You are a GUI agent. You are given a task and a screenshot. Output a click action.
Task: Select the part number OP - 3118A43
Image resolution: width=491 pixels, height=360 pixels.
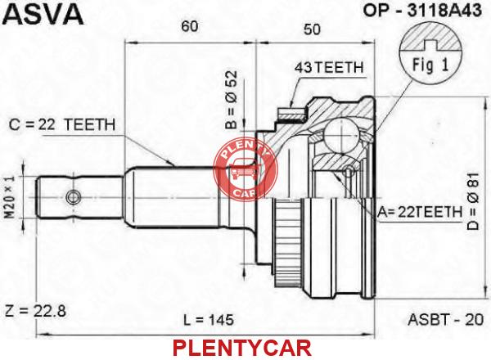[421, 11]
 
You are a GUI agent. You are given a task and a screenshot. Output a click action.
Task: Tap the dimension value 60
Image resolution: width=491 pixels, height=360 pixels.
[190, 26]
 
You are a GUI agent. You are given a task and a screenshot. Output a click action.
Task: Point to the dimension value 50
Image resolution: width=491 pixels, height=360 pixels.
[312, 29]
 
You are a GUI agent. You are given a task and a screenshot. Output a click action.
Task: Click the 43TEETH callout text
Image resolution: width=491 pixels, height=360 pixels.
[329, 67]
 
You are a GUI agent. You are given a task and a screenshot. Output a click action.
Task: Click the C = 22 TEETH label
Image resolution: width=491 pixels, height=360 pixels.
[62, 124]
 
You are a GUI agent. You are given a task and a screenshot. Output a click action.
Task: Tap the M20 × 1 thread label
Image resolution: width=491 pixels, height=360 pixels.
[10, 196]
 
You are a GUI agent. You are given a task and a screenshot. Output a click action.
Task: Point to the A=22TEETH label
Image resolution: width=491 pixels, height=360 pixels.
[420, 212]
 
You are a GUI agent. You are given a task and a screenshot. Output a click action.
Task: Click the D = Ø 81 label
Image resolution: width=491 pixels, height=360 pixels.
[473, 201]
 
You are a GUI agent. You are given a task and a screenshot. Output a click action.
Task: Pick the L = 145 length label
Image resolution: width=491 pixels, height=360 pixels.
[208, 320]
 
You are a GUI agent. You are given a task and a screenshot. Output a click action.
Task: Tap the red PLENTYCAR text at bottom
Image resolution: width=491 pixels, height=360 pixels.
[242, 348]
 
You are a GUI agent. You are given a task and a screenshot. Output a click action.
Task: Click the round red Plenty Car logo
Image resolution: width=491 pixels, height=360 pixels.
[245, 170]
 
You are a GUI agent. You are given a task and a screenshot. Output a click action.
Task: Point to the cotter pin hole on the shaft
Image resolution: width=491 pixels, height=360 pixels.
[73, 197]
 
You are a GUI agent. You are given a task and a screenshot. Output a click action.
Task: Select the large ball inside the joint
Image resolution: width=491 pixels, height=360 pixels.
[341, 136]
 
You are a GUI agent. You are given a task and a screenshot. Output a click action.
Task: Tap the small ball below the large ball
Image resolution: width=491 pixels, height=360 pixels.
[349, 171]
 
